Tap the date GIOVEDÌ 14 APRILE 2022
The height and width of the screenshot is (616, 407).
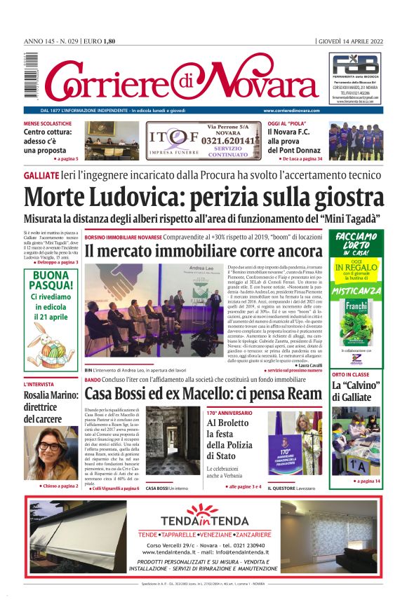pyautogui.click(x=352, y=41)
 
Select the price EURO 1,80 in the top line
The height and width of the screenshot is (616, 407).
pyautogui.click(x=99, y=41)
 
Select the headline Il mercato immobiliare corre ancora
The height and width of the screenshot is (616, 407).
pyautogui.click(x=203, y=251)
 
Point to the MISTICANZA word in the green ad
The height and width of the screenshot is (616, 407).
pyautogui.click(x=357, y=289)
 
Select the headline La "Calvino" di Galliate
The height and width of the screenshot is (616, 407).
pyautogui.click(x=356, y=392)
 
